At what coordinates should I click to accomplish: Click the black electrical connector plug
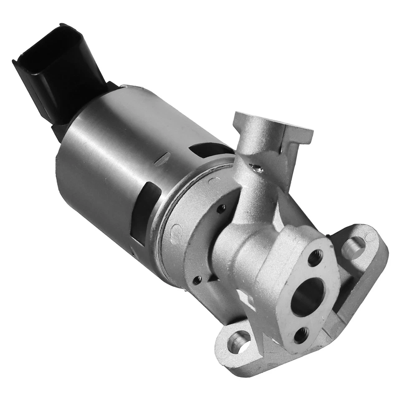[63, 75]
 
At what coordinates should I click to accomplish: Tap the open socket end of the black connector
[42, 46]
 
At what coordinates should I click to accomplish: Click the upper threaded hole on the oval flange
[315, 258]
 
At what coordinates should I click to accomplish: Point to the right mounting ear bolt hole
[353, 247]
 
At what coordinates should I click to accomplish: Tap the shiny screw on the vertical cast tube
[256, 168]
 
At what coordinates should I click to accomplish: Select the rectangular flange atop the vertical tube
[274, 125]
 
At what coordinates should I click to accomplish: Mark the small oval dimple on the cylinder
[163, 159]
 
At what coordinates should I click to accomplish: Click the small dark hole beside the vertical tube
[221, 208]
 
